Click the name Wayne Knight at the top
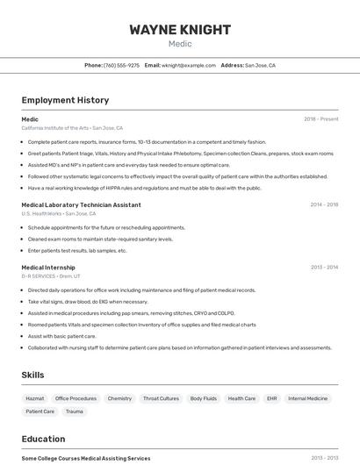coord(180,30)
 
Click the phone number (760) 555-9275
coord(121,65)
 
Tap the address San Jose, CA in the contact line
coord(260,65)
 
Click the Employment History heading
coord(65,100)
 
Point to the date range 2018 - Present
coord(320,119)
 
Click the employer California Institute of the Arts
coord(54,128)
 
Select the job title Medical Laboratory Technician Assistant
coord(81,204)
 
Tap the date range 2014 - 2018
coord(324,204)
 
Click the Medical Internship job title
coord(48,268)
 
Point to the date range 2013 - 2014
coord(324,268)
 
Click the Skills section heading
coord(33,375)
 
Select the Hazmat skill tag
coord(34,398)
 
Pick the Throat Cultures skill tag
coord(161,398)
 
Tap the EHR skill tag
coord(271,398)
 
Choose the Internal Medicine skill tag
coord(307,398)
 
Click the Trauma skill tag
coord(74,411)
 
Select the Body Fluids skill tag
coord(203,398)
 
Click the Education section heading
coord(43,439)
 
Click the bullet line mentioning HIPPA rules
coord(144,188)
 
